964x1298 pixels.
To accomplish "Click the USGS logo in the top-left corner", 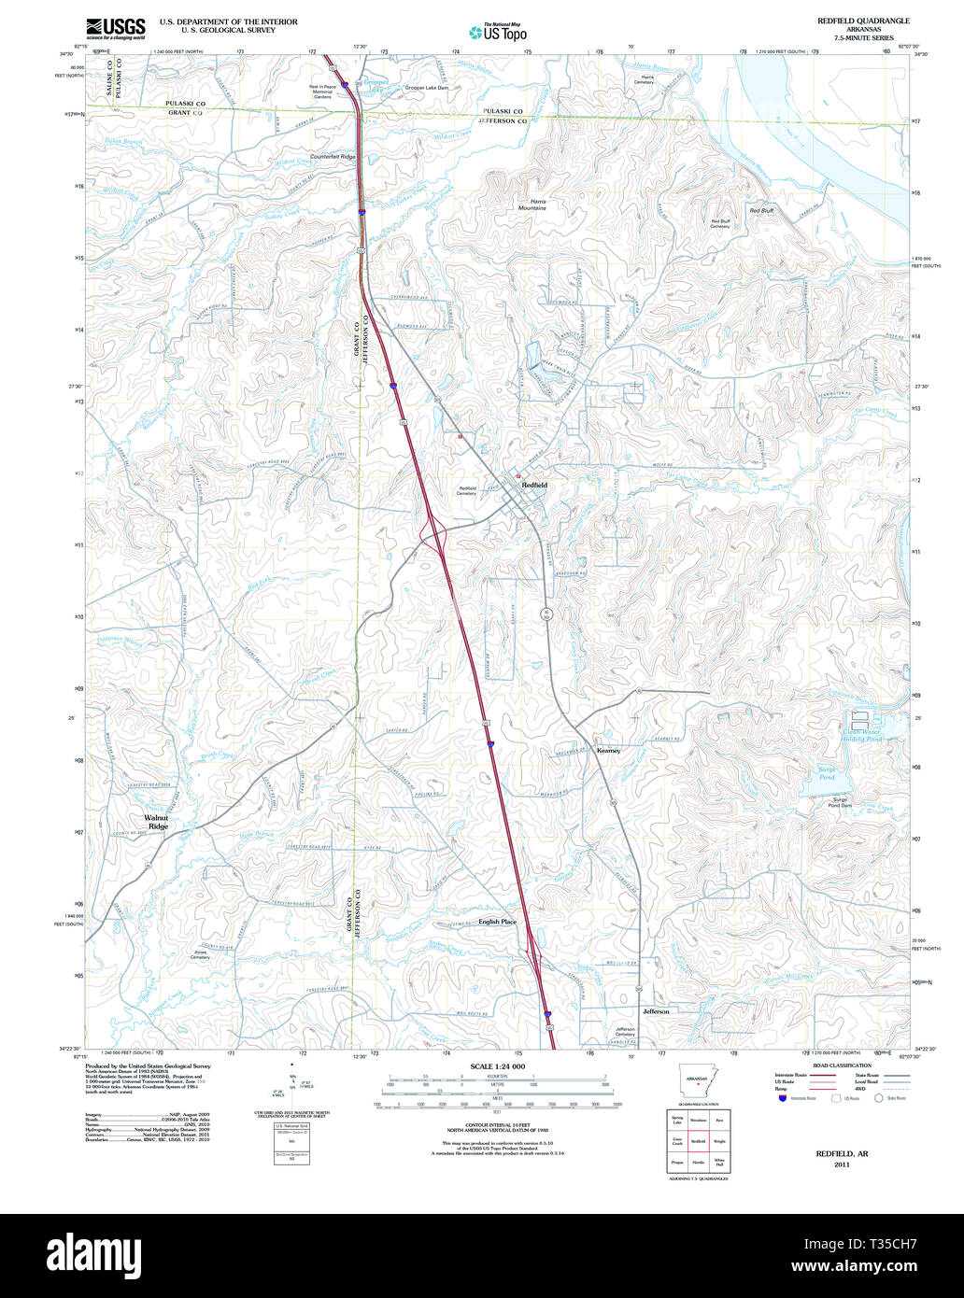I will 115,28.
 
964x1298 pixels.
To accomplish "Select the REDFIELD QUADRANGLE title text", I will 863,21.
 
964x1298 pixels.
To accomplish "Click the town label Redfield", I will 534,486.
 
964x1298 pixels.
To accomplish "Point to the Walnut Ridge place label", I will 157,822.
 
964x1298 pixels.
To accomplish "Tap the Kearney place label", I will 608,750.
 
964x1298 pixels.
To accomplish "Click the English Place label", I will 497,922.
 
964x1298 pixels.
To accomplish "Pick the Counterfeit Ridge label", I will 333,157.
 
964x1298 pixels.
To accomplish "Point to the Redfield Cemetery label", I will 467,490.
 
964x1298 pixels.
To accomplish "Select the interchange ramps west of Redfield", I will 435,536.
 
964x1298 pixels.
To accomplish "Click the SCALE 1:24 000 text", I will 498,1066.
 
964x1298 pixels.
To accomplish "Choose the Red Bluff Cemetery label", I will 720,223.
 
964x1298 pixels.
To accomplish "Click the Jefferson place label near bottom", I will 656,1011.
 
